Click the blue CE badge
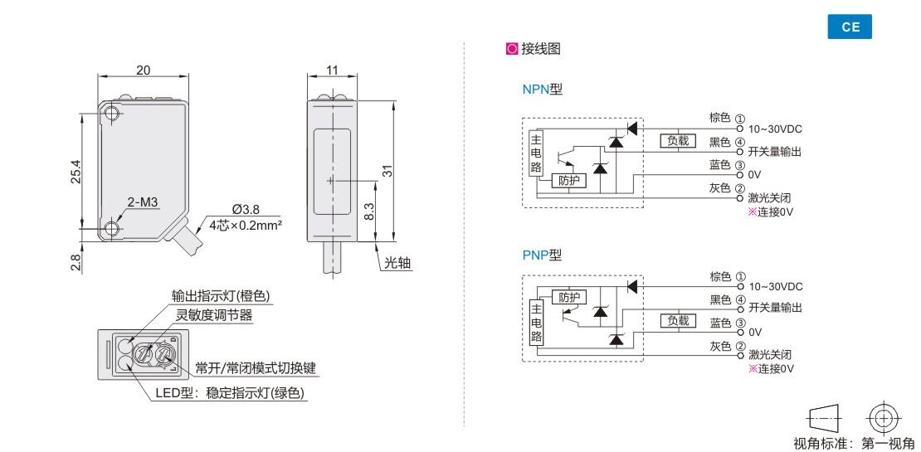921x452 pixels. (850, 27)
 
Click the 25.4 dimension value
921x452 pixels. (76, 171)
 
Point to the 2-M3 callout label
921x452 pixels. (143, 202)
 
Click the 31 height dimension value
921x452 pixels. (386, 170)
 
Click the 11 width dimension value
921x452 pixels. (332, 70)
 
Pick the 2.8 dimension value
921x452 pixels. (76, 262)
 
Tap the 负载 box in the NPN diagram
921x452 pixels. (679, 140)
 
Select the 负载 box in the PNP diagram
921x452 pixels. (679, 320)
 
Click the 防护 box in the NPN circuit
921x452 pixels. (568, 180)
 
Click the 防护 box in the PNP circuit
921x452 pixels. (568, 297)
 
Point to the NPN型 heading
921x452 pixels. (542, 90)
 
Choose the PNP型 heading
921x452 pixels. (542, 255)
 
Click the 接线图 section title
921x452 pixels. (540, 49)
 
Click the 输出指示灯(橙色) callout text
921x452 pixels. (221, 296)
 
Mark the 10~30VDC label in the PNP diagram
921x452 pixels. (775, 286)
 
